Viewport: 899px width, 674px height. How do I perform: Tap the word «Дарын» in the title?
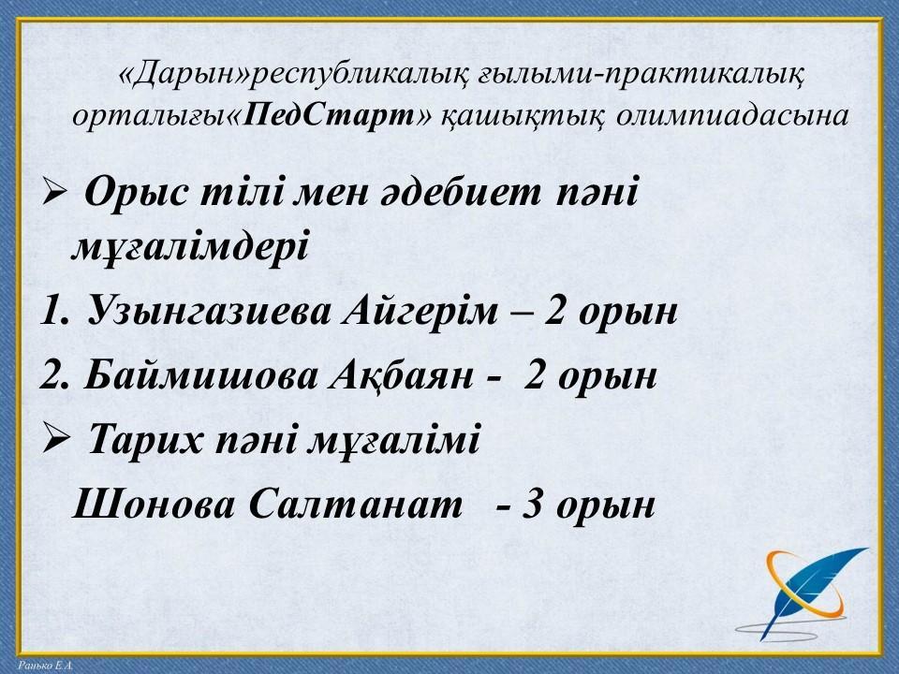point(184,74)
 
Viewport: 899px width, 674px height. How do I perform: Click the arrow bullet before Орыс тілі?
point(54,194)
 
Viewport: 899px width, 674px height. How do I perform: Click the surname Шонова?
point(154,505)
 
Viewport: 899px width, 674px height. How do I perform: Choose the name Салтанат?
point(356,505)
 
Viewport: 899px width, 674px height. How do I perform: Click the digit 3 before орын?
point(532,505)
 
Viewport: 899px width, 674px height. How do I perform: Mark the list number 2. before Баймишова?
point(54,376)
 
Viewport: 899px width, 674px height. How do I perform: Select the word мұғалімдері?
point(190,247)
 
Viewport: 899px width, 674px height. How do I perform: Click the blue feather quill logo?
point(803,593)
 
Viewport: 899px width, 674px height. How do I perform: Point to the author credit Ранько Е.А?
point(45,666)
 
